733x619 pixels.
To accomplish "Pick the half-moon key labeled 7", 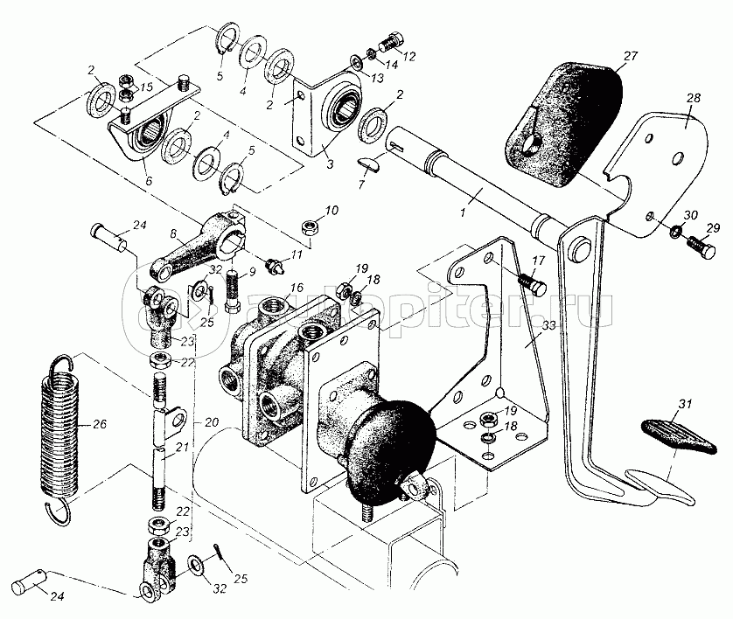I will (369, 161).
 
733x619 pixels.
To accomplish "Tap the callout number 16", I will (297, 288).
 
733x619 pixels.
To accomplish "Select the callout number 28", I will (693, 99).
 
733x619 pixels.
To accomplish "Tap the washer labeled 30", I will (675, 232).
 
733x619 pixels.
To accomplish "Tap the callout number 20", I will (211, 422).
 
